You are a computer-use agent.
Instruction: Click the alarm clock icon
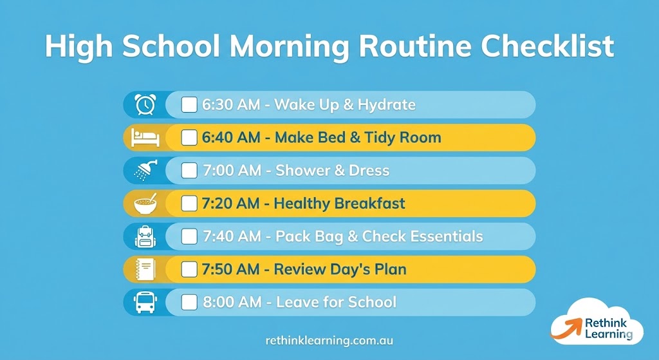[x=145, y=104]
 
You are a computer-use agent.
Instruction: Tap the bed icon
[x=145, y=138]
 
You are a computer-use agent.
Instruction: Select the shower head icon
[x=145, y=171]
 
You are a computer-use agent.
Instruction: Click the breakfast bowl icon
[x=145, y=204]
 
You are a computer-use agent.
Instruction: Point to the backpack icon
[x=145, y=236]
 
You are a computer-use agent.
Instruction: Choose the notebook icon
[x=145, y=269]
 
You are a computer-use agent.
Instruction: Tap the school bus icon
[x=145, y=303]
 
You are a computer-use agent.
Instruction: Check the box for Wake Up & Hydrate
[x=189, y=104]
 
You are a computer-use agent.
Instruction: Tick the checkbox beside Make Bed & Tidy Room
[x=189, y=138]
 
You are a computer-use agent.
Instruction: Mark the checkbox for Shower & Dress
[x=189, y=171]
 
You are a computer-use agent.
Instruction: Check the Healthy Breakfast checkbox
[x=189, y=204]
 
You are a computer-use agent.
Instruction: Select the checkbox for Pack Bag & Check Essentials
[x=189, y=236]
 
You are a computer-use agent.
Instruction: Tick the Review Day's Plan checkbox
[x=189, y=269]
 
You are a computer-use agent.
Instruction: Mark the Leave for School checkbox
[x=189, y=302]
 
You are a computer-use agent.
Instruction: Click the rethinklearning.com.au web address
[x=329, y=339]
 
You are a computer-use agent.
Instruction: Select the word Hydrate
[x=386, y=105]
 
